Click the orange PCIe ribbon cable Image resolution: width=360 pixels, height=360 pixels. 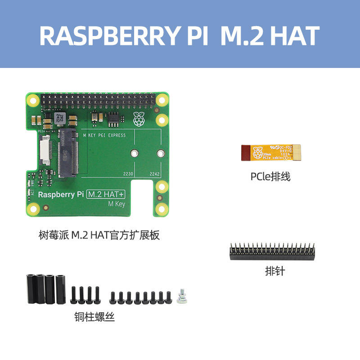coord(273,153)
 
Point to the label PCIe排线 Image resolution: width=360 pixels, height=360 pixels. coord(270,176)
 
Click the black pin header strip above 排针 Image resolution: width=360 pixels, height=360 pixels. coord(272,252)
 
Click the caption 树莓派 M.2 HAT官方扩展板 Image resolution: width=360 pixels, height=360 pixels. coord(99,235)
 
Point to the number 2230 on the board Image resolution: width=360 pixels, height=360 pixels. coord(129,173)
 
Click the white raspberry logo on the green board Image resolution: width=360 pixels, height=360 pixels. coord(139,120)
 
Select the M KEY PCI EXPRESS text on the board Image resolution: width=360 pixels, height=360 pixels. coord(105,135)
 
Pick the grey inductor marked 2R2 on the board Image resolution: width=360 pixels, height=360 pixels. coord(59,119)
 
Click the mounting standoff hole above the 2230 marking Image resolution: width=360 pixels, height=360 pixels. coord(133,153)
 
